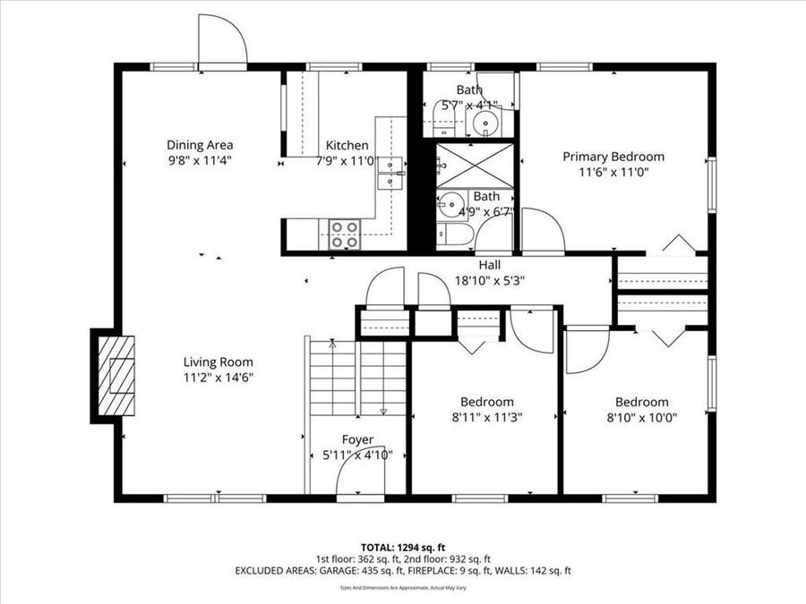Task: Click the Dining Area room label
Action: coord(200,145)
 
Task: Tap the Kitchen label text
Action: coord(347,146)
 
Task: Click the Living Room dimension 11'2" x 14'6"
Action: coord(218,378)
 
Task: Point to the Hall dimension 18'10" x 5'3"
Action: coord(489,280)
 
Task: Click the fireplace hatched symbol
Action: coord(117,376)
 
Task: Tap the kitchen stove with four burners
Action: coord(344,234)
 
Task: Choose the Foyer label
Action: coord(357,439)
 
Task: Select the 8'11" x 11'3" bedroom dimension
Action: coord(487,417)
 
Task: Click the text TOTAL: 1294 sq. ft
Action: coord(402,546)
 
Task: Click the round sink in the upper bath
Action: coord(486,120)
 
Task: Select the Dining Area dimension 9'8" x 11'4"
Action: coord(200,161)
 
